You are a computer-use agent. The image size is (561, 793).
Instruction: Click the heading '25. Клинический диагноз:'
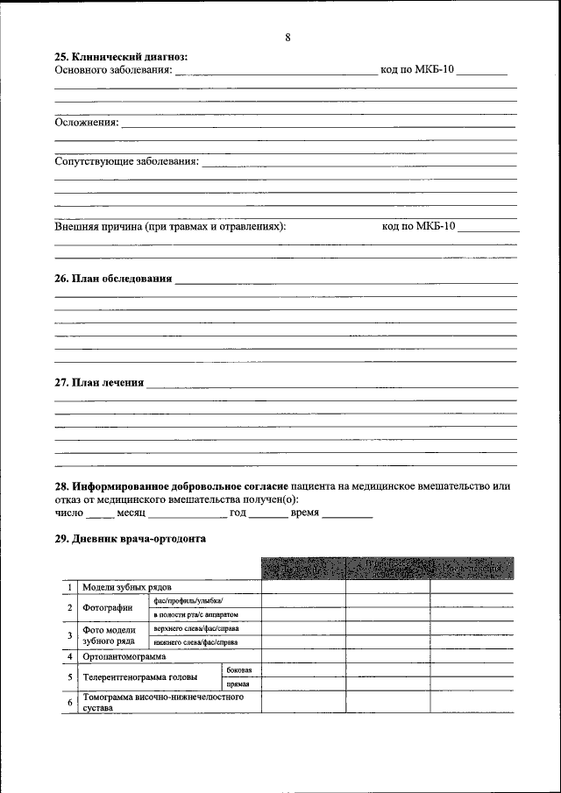click(121, 57)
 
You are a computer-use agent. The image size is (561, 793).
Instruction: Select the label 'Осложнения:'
click(87, 122)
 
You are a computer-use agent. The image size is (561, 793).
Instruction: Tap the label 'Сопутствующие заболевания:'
click(127, 161)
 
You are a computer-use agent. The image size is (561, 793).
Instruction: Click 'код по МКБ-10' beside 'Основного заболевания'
click(416, 69)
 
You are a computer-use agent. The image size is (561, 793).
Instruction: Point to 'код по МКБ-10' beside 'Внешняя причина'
click(419, 225)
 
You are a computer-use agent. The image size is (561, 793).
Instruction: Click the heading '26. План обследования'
click(113, 279)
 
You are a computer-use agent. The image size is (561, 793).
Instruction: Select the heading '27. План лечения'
click(99, 382)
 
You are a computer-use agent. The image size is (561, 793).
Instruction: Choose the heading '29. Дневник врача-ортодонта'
click(130, 539)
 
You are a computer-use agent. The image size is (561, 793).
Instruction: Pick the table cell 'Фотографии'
click(107, 607)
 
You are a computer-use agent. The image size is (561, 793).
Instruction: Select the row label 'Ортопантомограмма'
click(123, 655)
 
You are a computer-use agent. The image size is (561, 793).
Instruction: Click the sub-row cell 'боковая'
click(238, 669)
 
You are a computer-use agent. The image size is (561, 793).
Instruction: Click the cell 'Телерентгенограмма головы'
click(139, 676)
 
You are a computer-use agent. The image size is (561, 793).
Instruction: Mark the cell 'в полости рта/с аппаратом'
click(195, 615)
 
